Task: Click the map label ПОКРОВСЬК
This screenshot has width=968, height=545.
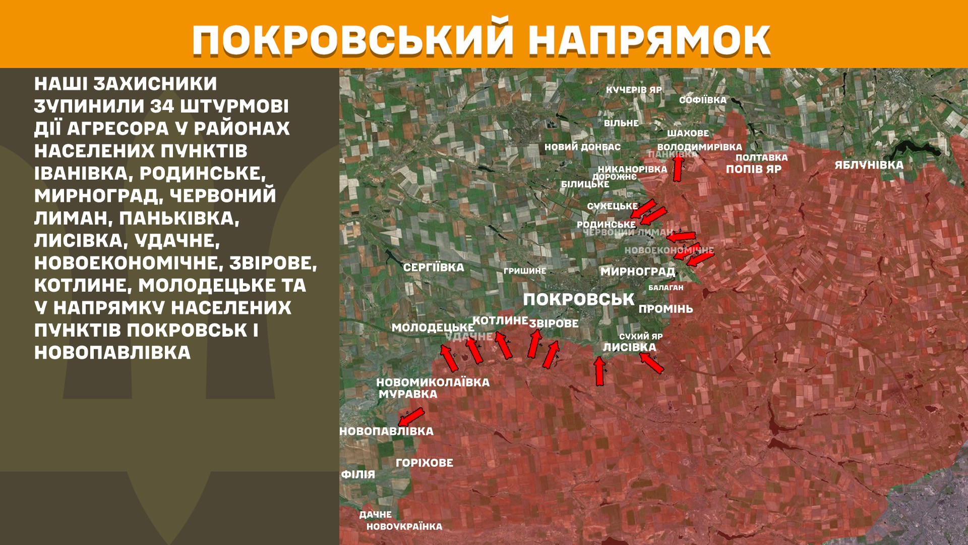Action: pos(578,299)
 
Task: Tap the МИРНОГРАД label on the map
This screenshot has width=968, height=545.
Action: pos(637,271)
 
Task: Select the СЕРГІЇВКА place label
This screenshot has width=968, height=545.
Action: pos(434,267)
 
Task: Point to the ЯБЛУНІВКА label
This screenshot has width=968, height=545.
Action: pos(869,165)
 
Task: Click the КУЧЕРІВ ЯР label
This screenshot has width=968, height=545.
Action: pos(634,90)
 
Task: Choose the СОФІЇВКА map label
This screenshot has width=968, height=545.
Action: pos(702,100)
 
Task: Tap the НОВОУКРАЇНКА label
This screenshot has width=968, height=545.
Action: pos(404,526)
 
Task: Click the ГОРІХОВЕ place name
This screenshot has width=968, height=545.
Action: pos(425,463)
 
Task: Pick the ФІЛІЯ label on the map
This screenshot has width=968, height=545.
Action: pos(358,474)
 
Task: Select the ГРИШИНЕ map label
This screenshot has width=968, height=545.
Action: pos(524,271)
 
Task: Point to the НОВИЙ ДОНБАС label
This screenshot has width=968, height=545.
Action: pos(582,147)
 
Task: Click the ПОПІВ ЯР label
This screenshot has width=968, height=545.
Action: pos(753,169)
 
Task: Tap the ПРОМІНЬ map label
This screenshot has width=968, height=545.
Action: pos(665,309)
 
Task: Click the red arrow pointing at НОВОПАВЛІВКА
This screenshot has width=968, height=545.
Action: pos(411,417)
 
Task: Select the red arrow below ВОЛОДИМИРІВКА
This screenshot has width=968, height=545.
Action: pos(678,168)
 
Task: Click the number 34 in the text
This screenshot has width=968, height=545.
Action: pos(162,106)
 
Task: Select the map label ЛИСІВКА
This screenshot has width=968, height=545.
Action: pos(629,347)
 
